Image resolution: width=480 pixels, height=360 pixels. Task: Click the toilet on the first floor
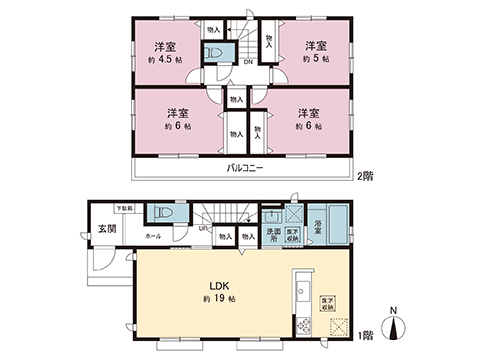(164, 216)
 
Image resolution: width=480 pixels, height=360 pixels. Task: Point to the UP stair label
(205, 229)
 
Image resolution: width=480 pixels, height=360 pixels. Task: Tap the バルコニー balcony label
(244, 167)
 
